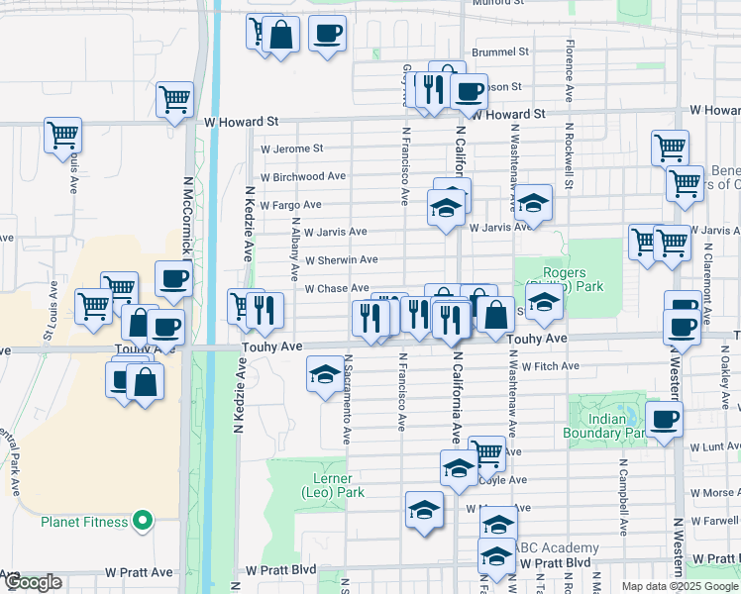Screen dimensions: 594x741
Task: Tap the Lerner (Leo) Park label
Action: (332, 485)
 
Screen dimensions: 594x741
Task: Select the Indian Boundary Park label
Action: (607, 426)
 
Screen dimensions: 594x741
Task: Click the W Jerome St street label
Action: (291, 148)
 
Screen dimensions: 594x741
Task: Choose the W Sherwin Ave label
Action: (341, 260)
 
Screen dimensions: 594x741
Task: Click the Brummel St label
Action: (500, 50)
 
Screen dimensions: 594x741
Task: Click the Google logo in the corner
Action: (33, 582)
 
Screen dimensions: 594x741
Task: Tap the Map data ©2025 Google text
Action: (679, 586)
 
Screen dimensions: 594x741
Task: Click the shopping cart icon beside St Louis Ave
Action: (62, 133)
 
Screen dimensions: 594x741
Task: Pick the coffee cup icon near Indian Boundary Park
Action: (664, 417)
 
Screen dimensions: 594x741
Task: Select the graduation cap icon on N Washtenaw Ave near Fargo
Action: (533, 203)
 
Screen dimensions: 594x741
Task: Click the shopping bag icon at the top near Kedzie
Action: (281, 36)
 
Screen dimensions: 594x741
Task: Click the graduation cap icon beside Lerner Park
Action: (424, 510)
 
